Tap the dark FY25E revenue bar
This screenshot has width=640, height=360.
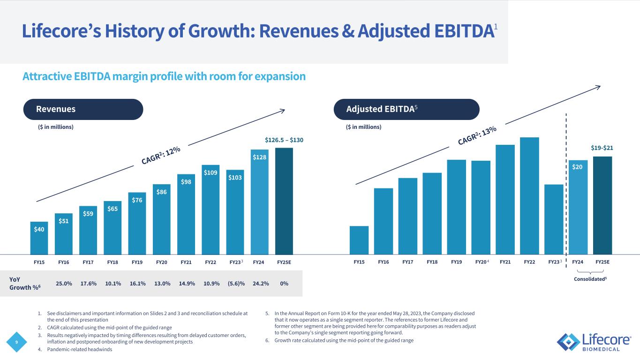[x=284, y=201]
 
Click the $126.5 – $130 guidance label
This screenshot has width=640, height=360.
[x=284, y=140]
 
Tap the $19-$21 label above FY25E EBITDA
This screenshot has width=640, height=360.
[x=602, y=148]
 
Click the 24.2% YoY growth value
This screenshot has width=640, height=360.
[x=259, y=284]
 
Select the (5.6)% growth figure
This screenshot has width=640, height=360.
[x=235, y=284]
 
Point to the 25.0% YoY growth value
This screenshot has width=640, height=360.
[x=64, y=284]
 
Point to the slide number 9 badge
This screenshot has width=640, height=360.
[x=17, y=342]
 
